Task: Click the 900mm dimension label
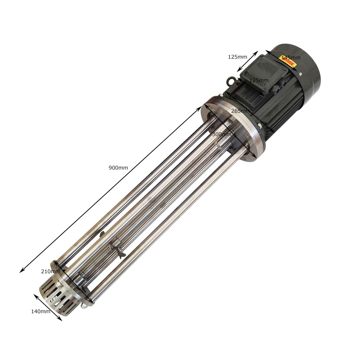click(118, 167)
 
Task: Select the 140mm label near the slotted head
click(40, 311)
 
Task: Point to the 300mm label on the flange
click(222, 134)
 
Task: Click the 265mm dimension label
click(240, 111)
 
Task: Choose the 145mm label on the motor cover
click(291, 58)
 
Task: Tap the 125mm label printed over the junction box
click(259, 80)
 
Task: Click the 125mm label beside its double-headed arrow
click(237, 57)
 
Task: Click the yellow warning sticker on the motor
click(288, 62)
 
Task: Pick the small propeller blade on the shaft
click(117, 248)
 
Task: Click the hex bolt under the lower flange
click(84, 306)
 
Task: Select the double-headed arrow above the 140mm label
click(48, 307)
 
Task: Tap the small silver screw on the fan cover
click(300, 74)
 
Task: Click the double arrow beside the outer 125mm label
click(247, 62)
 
